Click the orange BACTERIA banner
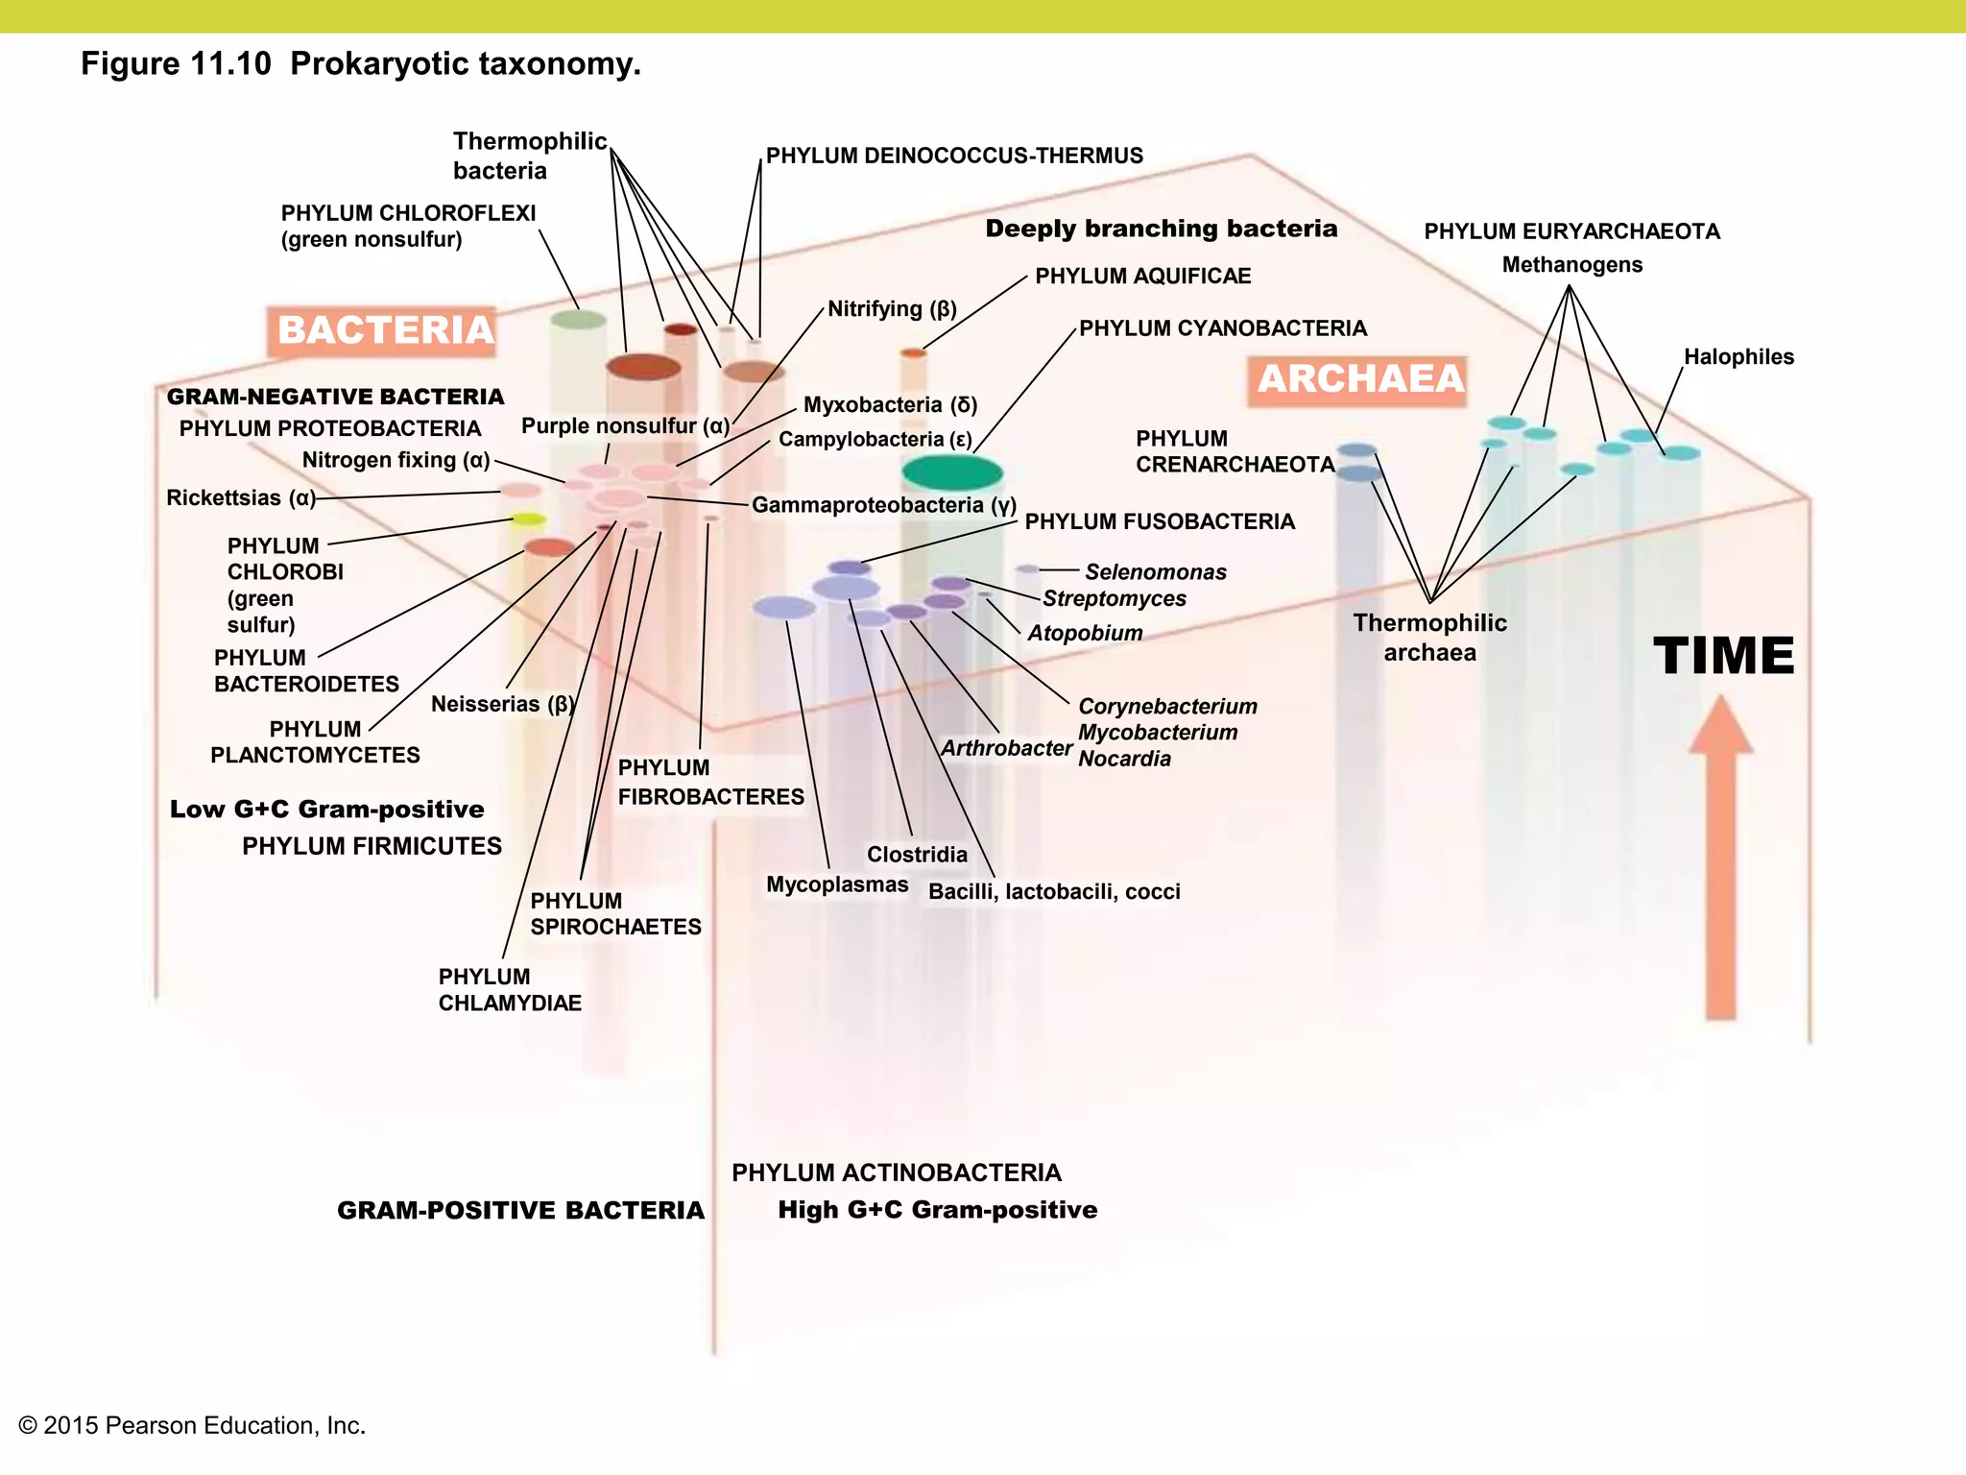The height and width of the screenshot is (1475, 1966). click(x=384, y=331)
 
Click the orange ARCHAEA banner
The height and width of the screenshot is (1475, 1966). click(x=1359, y=379)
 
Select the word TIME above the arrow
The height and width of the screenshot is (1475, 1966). click(x=1723, y=657)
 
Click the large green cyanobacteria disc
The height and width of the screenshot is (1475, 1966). click(x=951, y=472)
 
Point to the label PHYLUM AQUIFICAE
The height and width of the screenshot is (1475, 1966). click(x=1142, y=277)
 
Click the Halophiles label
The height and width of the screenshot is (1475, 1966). click(x=1738, y=357)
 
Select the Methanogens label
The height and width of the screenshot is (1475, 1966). click(x=1571, y=265)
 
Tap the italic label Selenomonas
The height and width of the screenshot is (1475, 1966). click(x=1155, y=572)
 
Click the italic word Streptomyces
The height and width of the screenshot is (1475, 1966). click(x=1114, y=599)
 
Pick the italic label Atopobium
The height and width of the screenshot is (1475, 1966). click(x=1085, y=634)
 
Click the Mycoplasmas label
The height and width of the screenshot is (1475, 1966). click(x=836, y=884)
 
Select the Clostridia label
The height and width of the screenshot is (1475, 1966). click(x=917, y=855)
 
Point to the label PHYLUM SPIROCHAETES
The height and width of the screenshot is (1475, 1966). click(x=615, y=914)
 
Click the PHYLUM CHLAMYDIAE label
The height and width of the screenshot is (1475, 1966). click(x=510, y=990)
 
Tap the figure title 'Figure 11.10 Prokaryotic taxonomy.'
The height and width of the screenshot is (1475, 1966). click(x=361, y=64)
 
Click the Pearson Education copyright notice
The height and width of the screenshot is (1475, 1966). click(x=192, y=1425)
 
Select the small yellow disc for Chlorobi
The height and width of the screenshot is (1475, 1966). click(x=528, y=520)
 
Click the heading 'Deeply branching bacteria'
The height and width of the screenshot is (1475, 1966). click(x=1161, y=229)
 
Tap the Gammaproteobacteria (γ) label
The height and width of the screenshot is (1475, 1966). click(x=883, y=505)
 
